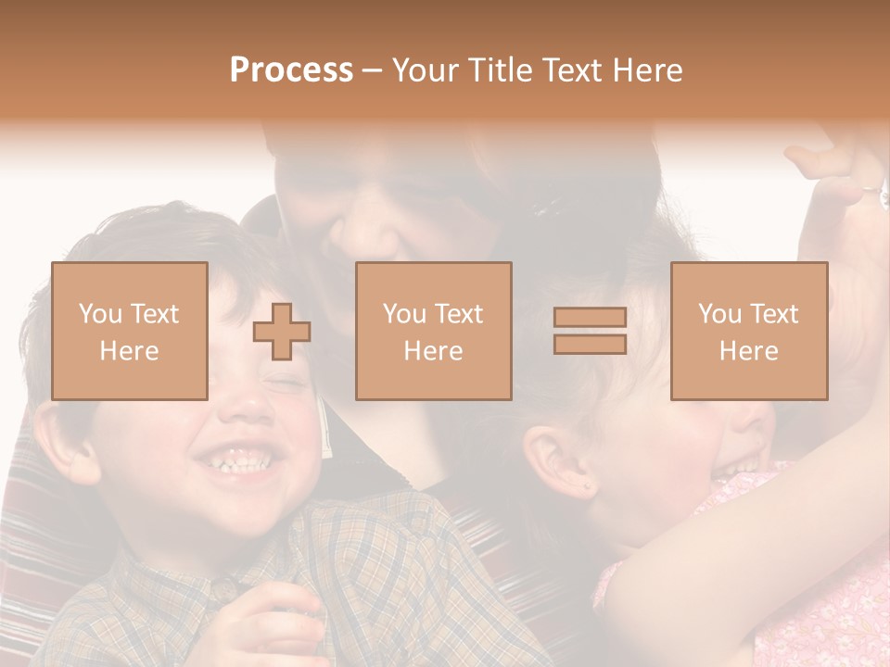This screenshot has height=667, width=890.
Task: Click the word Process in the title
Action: (291, 70)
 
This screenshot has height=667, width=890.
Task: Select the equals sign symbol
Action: (590, 331)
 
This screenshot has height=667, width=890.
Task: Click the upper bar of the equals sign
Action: (590, 318)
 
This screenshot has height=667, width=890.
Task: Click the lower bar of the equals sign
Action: (590, 344)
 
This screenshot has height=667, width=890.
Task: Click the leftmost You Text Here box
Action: (130, 332)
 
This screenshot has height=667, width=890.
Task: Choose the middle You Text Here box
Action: (434, 332)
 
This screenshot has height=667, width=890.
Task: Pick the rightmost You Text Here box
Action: (749, 332)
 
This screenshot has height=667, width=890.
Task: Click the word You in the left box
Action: (98, 314)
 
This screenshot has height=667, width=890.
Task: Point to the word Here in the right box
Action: (749, 351)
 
